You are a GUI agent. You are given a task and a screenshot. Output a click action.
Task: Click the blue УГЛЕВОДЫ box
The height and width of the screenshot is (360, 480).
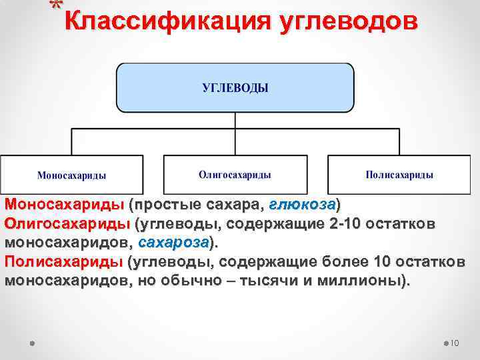tap(235, 87)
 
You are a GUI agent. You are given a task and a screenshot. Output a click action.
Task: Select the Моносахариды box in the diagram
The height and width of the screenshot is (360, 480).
tap(72, 175)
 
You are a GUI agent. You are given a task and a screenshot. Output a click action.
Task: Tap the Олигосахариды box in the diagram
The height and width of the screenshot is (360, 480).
tap(235, 175)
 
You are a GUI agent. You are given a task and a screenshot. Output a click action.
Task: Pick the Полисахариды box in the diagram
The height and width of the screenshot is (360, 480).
tap(399, 175)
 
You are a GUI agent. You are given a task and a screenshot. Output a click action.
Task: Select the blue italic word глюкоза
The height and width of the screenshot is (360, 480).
tap(303, 203)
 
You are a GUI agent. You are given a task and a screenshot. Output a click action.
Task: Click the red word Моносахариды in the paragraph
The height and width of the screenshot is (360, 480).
tap(64, 203)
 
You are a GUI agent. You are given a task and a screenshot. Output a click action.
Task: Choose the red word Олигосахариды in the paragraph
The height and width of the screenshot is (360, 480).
tap(67, 222)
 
